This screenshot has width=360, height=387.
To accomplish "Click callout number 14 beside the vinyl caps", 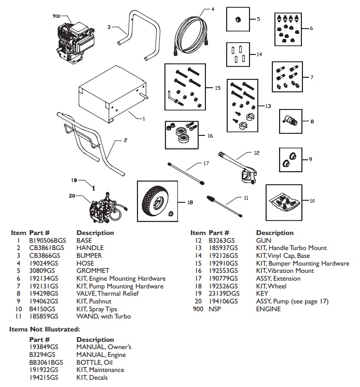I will (x=259, y=54).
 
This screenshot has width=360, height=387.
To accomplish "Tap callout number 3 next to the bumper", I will (x=109, y=27).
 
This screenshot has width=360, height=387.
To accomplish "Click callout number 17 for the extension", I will (x=205, y=163).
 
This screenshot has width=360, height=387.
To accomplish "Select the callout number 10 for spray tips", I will (x=312, y=200).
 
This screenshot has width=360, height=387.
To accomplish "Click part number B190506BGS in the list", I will (x=44, y=241).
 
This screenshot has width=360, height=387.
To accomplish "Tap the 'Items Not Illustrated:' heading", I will (x=45, y=329).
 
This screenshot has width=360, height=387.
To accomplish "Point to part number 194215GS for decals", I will (x=44, y=377).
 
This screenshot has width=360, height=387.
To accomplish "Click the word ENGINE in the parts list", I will (x=268, y=309).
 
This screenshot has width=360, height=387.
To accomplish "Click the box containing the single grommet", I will (x=241, y=20).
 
